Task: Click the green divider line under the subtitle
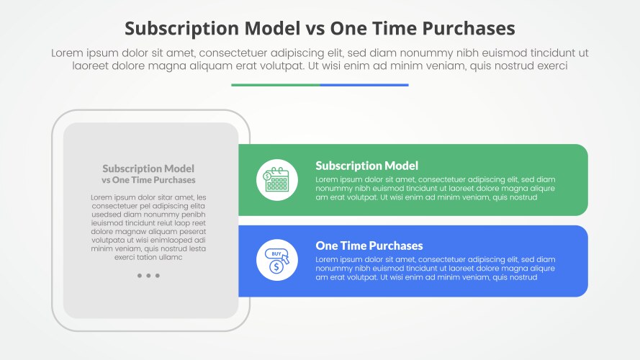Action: (x=275, y=85)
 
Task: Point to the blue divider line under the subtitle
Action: (x=364, y=85)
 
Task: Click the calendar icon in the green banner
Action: (x=276, y=180)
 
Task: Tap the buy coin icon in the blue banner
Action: (x=276, y=260)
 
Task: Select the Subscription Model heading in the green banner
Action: (x=366, y=166)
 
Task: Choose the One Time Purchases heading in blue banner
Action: (x=369, y=246)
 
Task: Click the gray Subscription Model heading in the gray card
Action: (x=148, y=168)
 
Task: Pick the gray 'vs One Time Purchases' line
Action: (x=148, y=180)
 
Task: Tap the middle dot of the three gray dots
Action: (x=148, y=276)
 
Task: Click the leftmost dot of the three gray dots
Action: (x=139, y=276)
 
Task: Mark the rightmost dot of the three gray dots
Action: (x=158, y=276)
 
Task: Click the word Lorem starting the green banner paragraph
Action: (x=328, y=179)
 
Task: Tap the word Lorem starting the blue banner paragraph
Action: (x=328, y=259)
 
